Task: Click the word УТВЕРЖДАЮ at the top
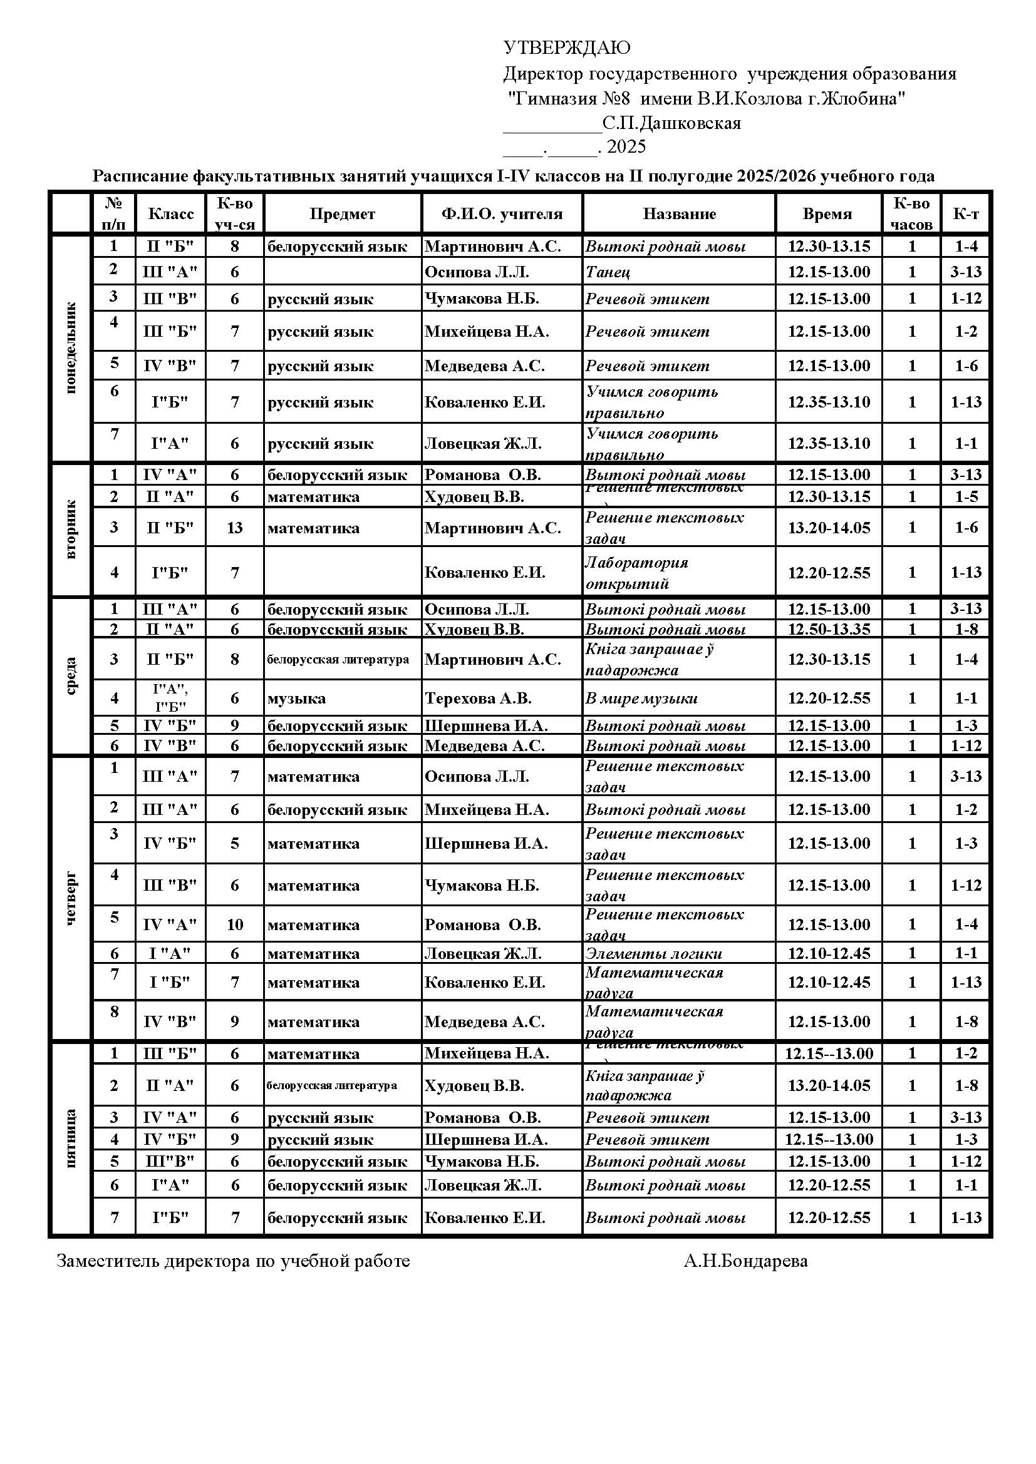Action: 566,48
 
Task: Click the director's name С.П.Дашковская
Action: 671,123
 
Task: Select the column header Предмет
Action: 342,213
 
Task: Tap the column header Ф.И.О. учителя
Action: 502,213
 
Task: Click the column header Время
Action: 827,213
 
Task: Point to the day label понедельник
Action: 71,348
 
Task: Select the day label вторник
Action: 71,530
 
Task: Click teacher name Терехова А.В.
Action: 478,699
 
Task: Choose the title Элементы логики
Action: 654,953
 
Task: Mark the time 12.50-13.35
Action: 829,629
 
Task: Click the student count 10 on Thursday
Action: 234,924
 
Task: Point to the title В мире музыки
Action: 641,699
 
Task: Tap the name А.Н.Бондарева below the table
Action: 745,1261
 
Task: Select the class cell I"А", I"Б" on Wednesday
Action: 170,697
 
